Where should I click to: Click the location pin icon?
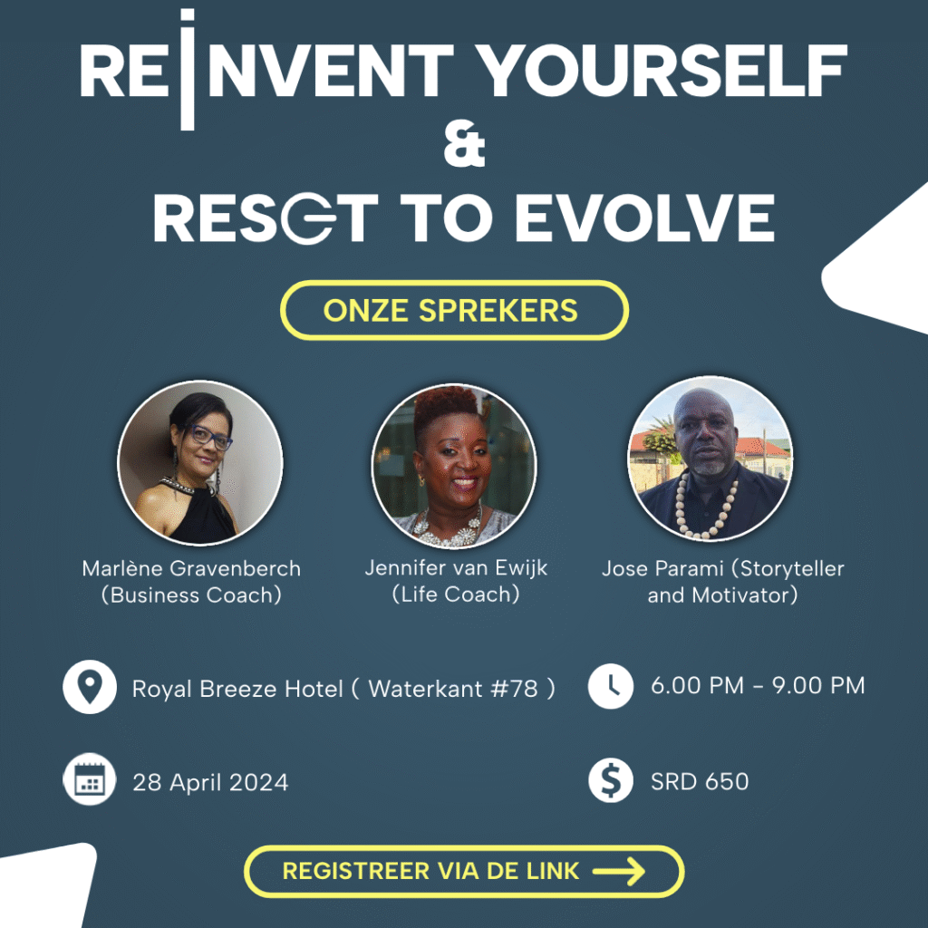point(90,687)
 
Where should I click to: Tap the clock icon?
point(610,686)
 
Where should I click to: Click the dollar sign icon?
point(610,780)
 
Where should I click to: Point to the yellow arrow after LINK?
point(618,871)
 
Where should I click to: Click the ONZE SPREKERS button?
point(454,310)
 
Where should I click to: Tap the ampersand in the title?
point(465,144)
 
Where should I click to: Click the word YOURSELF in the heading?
point(662,71)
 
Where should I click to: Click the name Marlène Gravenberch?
point(191,568)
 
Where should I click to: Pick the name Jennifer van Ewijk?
point(456,567)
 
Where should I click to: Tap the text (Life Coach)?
point(456,594)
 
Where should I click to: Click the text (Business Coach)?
point(191,594)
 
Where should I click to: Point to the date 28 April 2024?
point(210,782)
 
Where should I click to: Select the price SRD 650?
point(700,781)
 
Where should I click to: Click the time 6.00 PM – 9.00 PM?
point(758,685)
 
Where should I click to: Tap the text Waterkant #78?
point(453,689)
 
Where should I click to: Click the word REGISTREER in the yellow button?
point(356,871)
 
